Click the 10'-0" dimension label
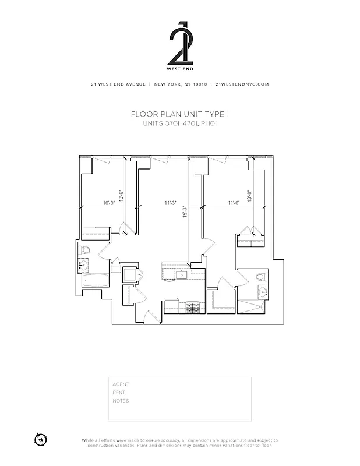tap(108, 203)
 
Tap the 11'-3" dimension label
tap(170, 203)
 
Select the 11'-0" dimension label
tap(234, 203)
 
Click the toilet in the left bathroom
tap(85, 251)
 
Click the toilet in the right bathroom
tap(260, 277)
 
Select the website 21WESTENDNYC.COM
tap(242, 84)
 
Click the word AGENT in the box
tap(121, 384)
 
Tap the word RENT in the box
tap(118, 393)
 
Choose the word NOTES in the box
tap(121, 401)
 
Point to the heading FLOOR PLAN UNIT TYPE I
tap(179, 115)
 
